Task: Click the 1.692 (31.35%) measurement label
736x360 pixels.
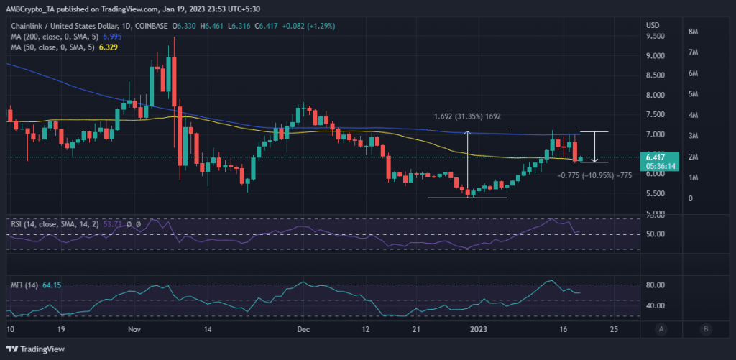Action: click(467, 116)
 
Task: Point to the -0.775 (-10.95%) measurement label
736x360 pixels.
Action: click(594, 175)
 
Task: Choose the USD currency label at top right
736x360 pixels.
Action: click(653, 26)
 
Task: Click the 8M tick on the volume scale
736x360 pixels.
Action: click(694, 32)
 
